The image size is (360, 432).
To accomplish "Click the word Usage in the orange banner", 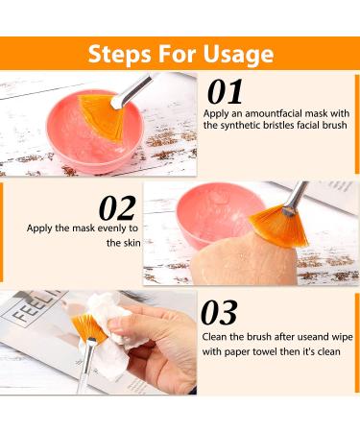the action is (x=238, y=54).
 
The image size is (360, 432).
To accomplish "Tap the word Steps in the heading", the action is (x=119, y=53).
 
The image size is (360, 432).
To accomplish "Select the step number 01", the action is (x=225, y=92).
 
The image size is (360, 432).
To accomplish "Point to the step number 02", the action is (x=117, y=208).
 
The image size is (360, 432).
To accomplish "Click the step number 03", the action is (x=219, y=313).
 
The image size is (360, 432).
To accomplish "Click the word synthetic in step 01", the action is (x=240, y=125).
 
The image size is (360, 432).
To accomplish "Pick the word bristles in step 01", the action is (x=278, y=125).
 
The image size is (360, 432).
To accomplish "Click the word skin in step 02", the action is (x=132, y=243).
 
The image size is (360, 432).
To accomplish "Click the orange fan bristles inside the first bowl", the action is (x=102, y=115).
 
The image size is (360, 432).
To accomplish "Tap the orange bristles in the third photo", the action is (x=87, y=327).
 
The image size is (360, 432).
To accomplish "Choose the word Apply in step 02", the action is (x=39, y=228).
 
